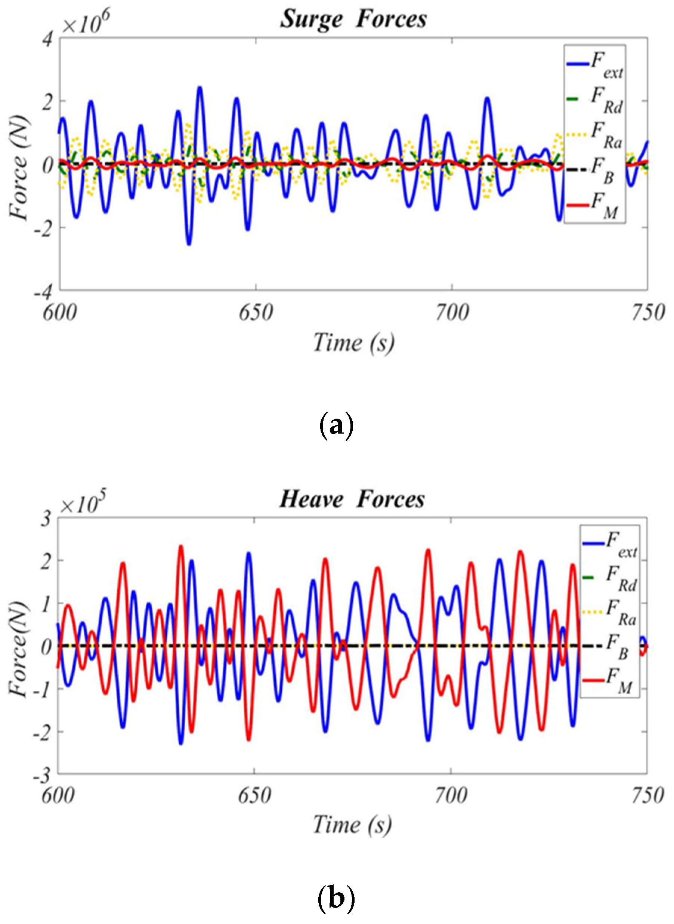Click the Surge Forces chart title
point(353,19)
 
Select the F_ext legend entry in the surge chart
point(595,65)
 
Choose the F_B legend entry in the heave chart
point(609,647)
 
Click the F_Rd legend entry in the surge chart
point(595,100)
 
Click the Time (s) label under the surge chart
point(353,342)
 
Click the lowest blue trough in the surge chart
point(189,244)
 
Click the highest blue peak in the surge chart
point(200,87)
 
